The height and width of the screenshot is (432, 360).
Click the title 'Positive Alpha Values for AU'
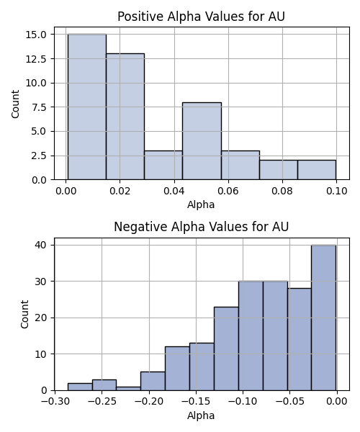point(201,17)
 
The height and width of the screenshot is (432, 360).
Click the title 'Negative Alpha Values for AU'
point(201,227)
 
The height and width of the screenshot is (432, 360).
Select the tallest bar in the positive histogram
point(87,107)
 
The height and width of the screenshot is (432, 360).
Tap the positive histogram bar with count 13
point(125,117)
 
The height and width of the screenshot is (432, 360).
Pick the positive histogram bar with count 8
point(202,141)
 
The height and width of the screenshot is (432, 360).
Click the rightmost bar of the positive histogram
point(317,170)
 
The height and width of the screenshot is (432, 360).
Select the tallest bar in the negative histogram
point(324,318)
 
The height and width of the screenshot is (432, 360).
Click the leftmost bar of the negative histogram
point(80,387)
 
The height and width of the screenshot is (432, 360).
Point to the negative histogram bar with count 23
point(226,348)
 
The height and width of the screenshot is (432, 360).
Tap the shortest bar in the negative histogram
point(128,389)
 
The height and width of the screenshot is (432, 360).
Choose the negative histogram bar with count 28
point(300,339)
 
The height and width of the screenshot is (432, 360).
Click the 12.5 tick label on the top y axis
point(36,59)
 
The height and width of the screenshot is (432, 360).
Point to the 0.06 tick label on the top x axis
point(228,191)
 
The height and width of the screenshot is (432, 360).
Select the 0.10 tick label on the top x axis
point(336,191)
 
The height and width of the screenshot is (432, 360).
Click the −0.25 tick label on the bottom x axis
point(102,401)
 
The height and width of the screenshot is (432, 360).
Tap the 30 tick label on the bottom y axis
point(41,282)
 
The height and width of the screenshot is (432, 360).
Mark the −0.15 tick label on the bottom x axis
point(196,401)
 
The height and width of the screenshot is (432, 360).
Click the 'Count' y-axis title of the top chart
point(15,104)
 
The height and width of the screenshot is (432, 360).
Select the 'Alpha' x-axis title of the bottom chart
point(201,415)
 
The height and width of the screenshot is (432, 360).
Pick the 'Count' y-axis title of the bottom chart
point(24,314)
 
